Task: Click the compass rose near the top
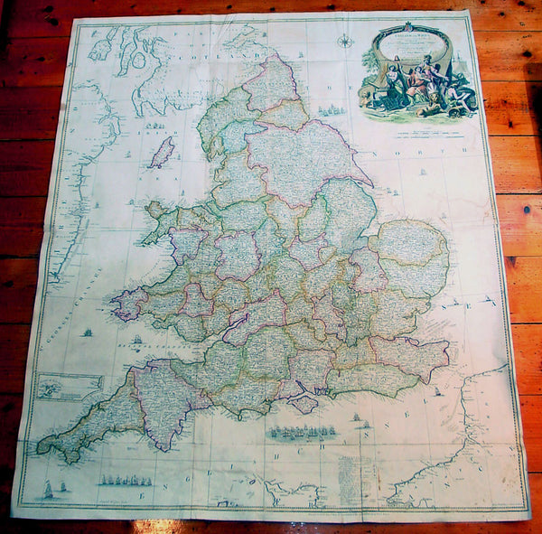click(x=344, y=40)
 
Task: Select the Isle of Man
click(x=162, y=153)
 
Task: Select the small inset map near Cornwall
click(x=71, y=386)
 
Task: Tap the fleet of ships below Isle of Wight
click(x=302, y=432)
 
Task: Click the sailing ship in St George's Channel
click(x=88, y=333)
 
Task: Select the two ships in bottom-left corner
click(x=53, y=492)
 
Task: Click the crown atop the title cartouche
click(x=407, y=27)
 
